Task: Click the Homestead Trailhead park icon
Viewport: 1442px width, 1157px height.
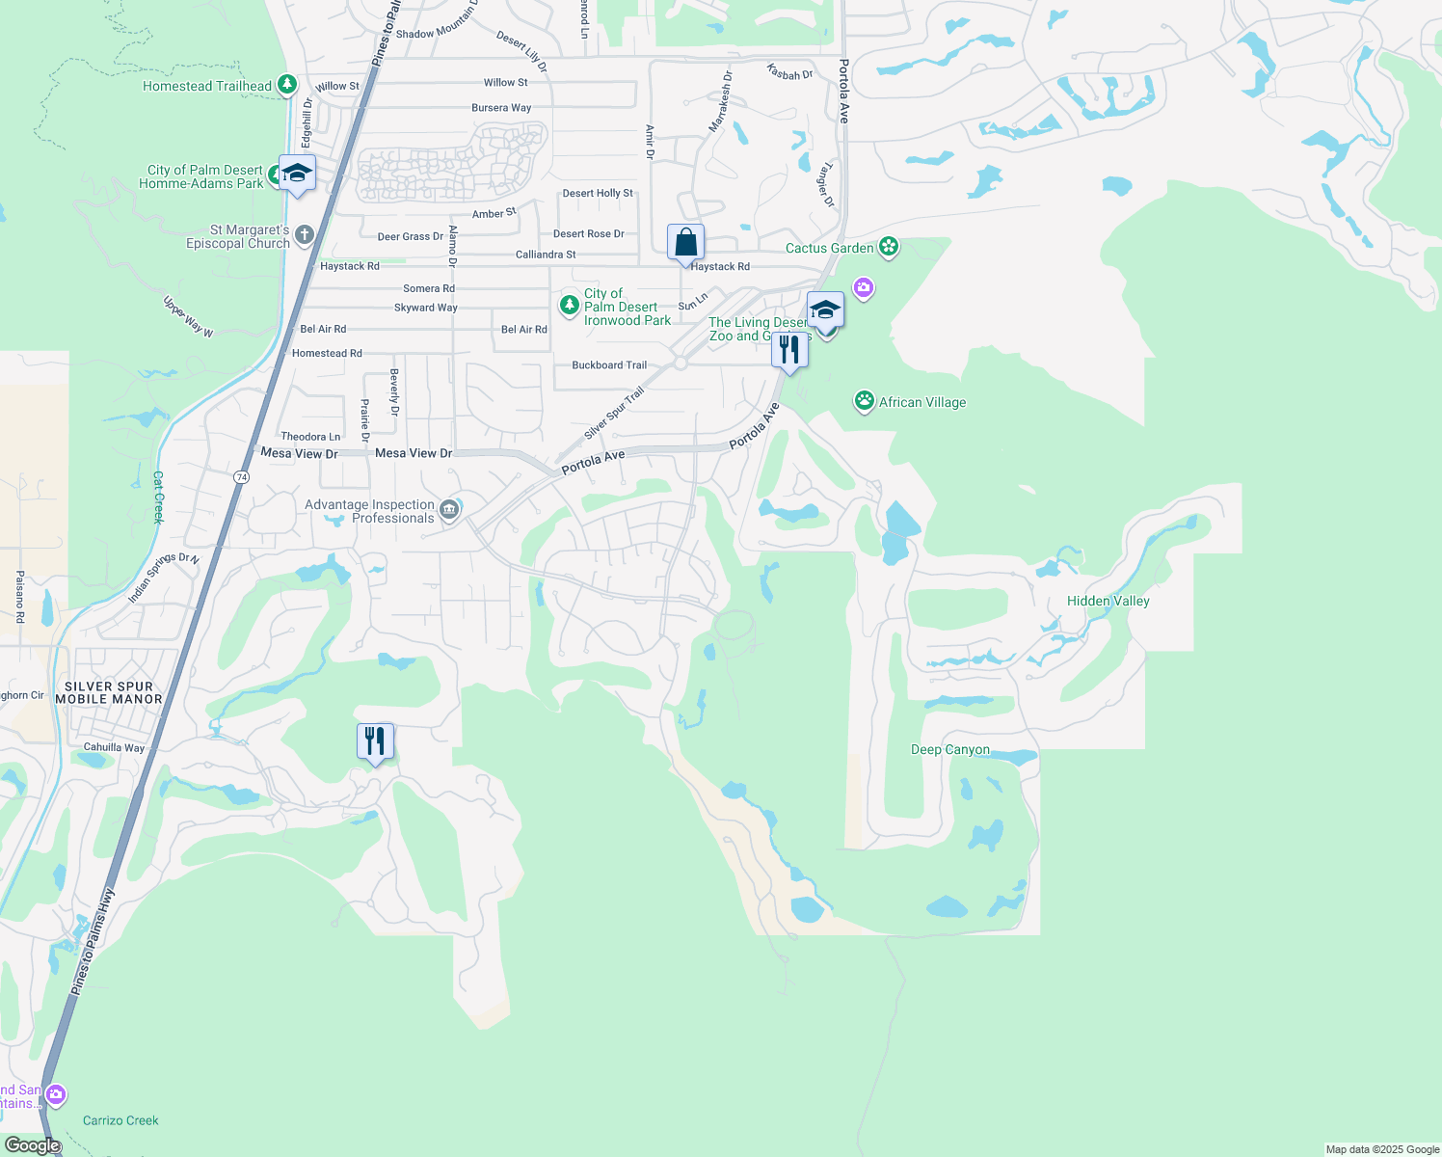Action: [286, 85]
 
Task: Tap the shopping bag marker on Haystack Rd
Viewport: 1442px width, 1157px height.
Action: [685, 243]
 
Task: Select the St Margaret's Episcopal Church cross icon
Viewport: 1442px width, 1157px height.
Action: [305, 234]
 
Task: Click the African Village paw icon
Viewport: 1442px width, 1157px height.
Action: [865, 401]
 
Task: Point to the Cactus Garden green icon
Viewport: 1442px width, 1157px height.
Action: [889, 248]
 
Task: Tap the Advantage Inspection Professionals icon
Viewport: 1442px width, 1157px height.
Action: [449, 510]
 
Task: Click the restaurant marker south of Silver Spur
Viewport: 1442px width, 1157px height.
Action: [375, 741]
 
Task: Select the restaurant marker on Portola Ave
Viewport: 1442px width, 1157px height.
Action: [789, 350]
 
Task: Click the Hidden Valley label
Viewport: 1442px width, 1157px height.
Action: [1108, 601]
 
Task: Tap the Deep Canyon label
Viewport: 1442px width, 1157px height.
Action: [949, 749]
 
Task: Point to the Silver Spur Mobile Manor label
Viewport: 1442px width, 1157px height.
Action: [108, 692]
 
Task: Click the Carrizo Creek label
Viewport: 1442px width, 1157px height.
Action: [120, 1120]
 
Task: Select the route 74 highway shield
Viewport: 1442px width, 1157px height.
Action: [241, 476]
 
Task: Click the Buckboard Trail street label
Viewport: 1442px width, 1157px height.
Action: [609, 365]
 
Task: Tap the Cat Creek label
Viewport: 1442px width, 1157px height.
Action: [158, 497]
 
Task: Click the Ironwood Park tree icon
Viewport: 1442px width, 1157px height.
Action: [569, 306]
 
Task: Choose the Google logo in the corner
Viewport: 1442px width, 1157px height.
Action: [32, 1145]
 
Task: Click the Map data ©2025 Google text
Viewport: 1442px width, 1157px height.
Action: [1382, 1149]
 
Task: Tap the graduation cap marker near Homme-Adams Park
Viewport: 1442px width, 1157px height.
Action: [297, 174]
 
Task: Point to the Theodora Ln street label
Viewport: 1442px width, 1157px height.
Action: [310, 437]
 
